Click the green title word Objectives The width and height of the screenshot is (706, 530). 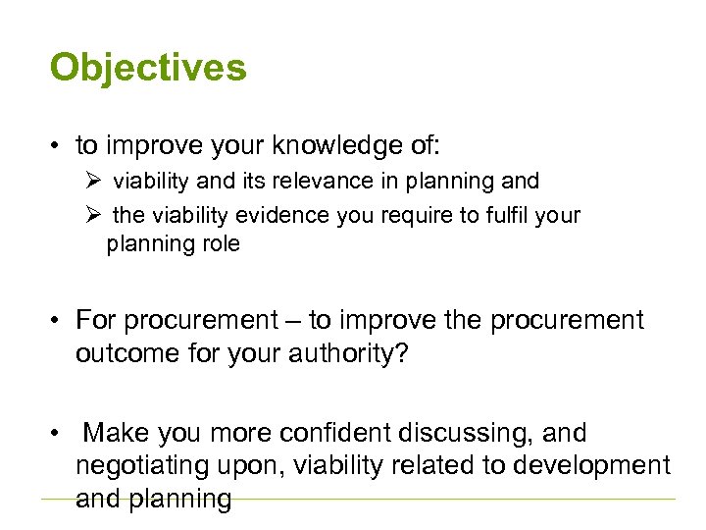148,68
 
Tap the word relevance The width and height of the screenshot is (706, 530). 321,182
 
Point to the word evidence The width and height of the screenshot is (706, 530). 292,215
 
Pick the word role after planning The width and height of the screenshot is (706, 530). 219,243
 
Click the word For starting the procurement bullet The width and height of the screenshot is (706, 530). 95,320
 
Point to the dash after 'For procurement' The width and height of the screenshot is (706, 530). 293,321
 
